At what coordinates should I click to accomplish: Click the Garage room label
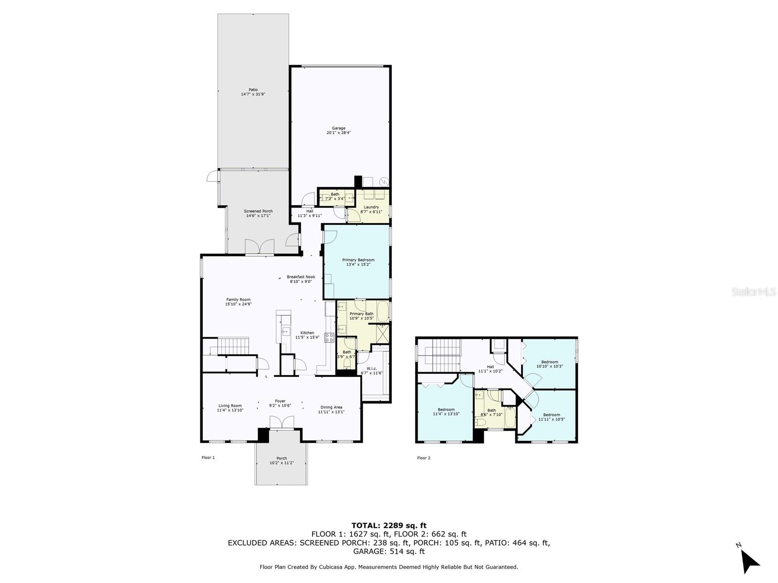point(338,130)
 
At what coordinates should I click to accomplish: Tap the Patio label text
point(253,92)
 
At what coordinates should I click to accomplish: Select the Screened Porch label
point(258,213)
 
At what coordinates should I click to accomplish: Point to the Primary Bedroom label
point(358,262)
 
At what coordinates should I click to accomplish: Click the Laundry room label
point(371,209)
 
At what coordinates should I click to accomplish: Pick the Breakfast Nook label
point(301,279)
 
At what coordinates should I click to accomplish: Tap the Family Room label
point(238,302)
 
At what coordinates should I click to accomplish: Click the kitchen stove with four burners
point(329,337)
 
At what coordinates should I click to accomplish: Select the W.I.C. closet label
point(371,371)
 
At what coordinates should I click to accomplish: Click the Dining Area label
point(331,410)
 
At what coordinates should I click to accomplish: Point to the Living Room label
point(230,408)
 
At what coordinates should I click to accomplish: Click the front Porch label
point(282,460)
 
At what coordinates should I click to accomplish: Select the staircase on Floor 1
point(233,346)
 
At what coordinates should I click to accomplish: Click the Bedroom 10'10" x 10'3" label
point(549,364)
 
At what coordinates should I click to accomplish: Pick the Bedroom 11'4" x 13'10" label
point(446,412)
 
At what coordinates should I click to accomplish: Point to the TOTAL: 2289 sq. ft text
point(389,525)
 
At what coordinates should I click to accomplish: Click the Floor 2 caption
point(424,458)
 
